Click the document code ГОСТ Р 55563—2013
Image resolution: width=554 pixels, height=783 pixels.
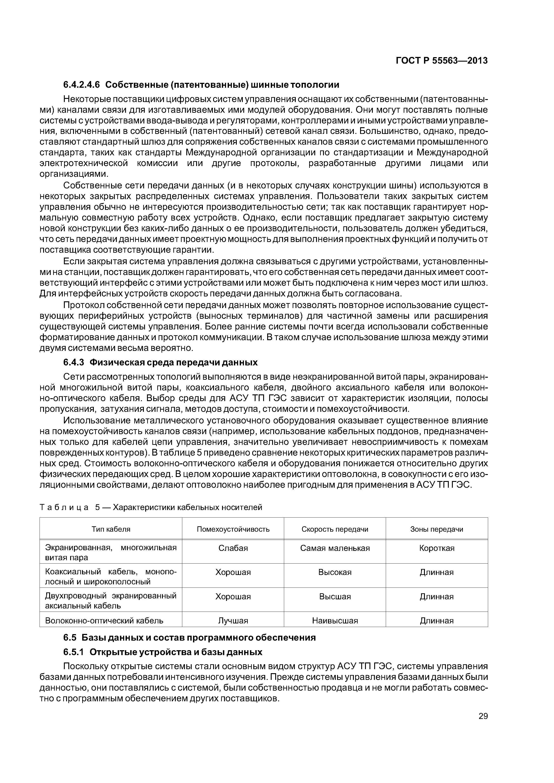(441, 61)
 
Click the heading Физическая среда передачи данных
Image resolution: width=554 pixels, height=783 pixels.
(173, 362)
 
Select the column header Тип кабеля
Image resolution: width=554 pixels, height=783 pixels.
(111, 529)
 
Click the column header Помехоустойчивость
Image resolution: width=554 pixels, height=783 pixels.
(233, 529)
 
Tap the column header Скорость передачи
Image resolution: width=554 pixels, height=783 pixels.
(335, 529)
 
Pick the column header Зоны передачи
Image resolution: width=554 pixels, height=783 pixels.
(436, 529)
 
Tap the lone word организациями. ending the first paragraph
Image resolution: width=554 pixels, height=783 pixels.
(74, 174)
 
